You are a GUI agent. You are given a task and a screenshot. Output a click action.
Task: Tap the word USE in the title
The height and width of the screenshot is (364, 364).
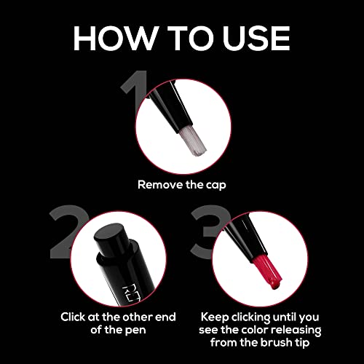click(x=257, y=38)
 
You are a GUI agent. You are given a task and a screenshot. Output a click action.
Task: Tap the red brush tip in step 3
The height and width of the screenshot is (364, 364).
click(x=267, y=272)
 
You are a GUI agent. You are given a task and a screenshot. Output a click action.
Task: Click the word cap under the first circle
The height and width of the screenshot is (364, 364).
click(x=216, y=186)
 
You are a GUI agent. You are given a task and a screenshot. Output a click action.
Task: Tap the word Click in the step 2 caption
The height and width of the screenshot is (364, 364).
click(x=73, y=317)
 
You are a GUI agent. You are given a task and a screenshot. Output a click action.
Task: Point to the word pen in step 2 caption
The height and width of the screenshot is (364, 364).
click(x=135, y=331)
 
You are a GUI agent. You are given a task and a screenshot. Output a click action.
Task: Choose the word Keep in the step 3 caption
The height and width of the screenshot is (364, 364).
click(x=215, y=317)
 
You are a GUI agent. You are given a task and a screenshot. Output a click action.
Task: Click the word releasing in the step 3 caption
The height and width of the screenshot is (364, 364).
click(x=296, y=331)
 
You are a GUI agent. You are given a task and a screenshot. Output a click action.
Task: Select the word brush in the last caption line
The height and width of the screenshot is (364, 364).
click(x=277, y=342)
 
